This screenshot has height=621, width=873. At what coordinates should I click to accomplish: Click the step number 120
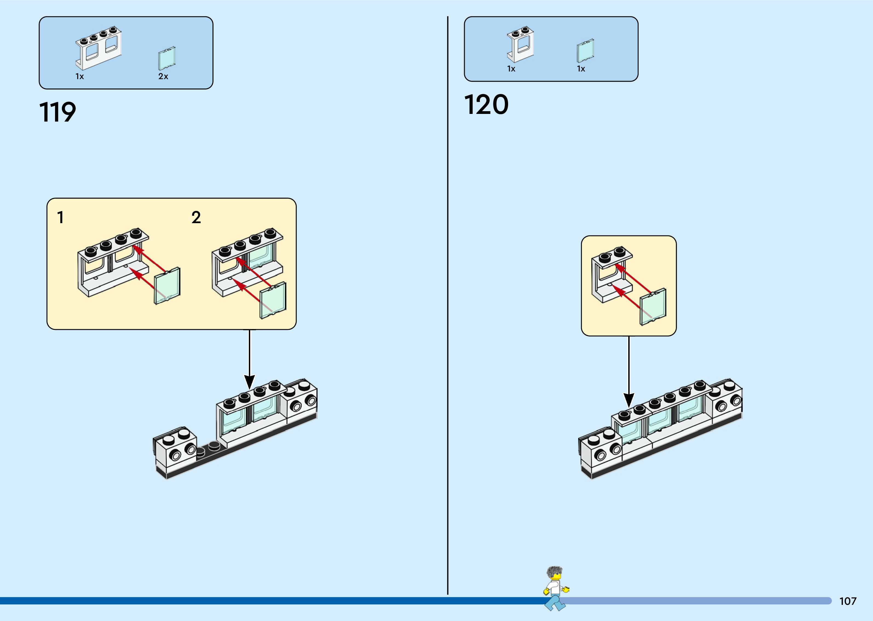(486, 105)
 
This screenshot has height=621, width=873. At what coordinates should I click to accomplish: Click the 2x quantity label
(163, 76)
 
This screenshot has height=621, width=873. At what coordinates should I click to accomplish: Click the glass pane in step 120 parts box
(585, 51)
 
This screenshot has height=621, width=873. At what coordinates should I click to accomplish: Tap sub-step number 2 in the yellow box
(196, 218)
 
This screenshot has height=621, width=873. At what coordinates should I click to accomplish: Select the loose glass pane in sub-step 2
(273, 301)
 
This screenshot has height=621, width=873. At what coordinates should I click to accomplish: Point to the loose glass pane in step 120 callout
(653, 307)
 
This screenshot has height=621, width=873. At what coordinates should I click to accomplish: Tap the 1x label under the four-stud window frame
(79, 76)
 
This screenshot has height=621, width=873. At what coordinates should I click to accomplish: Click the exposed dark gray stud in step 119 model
(214, 445)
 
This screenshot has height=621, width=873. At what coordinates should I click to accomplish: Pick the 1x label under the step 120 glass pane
(581, 69)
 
